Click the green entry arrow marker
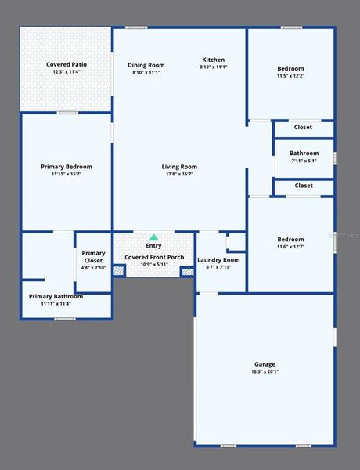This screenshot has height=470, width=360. pyautogui.click(x=153, y=237)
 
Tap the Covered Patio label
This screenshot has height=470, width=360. pyautogui.click(x=67, y=64)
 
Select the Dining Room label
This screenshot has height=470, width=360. pyautogui.click(x=146, y=65)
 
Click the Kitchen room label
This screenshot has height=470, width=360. pyautogui.click(x=213, y=60)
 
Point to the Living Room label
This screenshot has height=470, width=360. pyautogui.click(x=179, y=166)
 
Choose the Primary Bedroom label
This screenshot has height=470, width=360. pyautogui.click(x=67, y=166)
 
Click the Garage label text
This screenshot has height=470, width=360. pyautogui.click(x=265, y=363)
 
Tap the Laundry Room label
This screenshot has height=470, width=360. pyautogui.click(x=218, y=259)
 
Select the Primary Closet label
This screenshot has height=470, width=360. pyautogui.click(x=93, y=256)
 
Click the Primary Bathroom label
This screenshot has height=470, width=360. pyautogui.click(x=56, y=296)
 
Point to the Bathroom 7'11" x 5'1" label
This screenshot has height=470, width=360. pyautogui.click(x=304, y=153)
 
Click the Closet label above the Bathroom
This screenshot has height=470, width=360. pyautogui.click(x=304, y=127)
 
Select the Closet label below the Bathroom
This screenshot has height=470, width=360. pyautogui.click(x=304, y=186)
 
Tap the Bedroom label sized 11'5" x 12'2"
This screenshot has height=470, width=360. pyautogui.click(x=290, y=69)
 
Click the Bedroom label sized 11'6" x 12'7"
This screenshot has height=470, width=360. pyautogui.click(x=290, y=240)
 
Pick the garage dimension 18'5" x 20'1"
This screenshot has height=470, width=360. pyautogui.click(x=265, y=371)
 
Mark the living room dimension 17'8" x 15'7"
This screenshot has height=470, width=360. pyautogui.click(x=179, y=174)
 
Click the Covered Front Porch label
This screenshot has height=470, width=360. pyautogui.click(x=153, y=256)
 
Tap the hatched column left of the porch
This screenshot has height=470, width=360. pyautogui.click(x=119, y=271)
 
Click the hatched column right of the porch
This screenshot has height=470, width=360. pyautogui.click(x=188, y=271)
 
